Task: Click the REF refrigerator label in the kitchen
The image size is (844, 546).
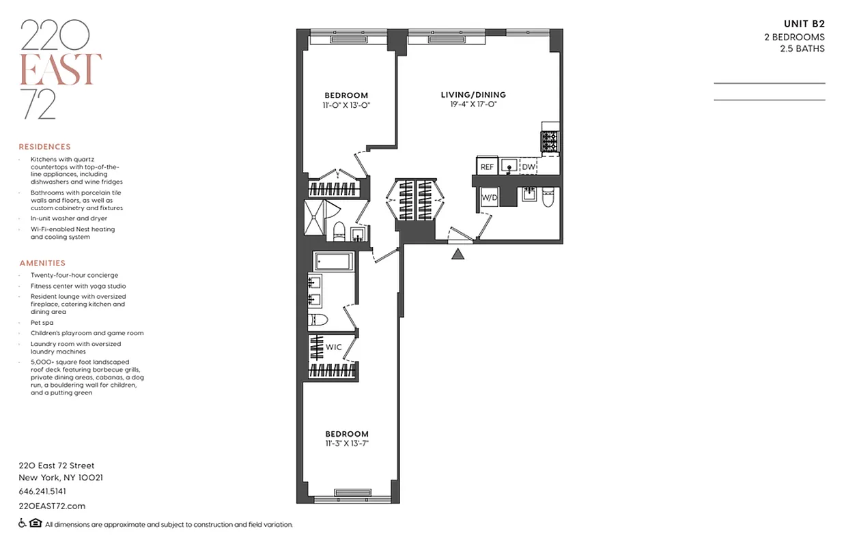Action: [x=487, y=167]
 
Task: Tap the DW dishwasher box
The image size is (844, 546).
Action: [x=529, y=167]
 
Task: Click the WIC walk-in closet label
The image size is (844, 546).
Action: [x=333, y=347]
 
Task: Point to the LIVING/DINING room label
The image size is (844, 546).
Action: [x=473, y=95]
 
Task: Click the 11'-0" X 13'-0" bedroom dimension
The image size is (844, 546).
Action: [x=346, y=105]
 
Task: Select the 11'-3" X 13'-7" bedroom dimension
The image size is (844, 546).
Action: [x=346, y=444]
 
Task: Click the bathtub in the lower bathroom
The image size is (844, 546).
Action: [x=333, y=262]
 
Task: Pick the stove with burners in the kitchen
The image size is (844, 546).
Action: [x=550, y=142]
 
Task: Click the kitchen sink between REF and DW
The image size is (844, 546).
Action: [x=508, y=166]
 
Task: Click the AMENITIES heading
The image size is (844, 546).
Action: [x=42, y=263]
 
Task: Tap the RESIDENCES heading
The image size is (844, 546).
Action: [x=44, y=147]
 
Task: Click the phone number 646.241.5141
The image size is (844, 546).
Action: [x=42, y=491]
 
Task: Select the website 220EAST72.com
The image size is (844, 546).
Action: [x=52, y=506]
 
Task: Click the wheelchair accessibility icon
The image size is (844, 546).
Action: [x=22, y=524]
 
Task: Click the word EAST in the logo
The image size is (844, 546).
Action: [x=61, y=69]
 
